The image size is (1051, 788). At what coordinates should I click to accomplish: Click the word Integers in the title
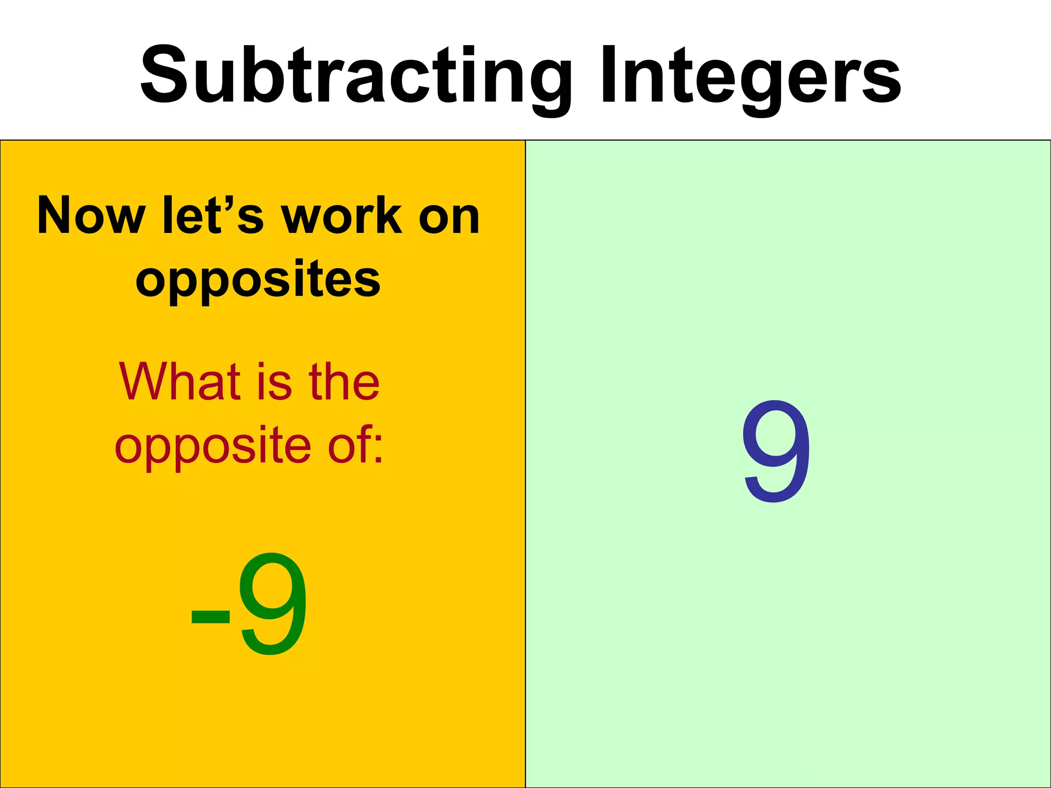[750, 77]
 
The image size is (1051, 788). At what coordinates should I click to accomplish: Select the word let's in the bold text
[213, 215]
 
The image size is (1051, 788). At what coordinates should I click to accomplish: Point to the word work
[341, 215]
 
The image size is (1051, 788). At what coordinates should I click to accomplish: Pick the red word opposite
[213, 446]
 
